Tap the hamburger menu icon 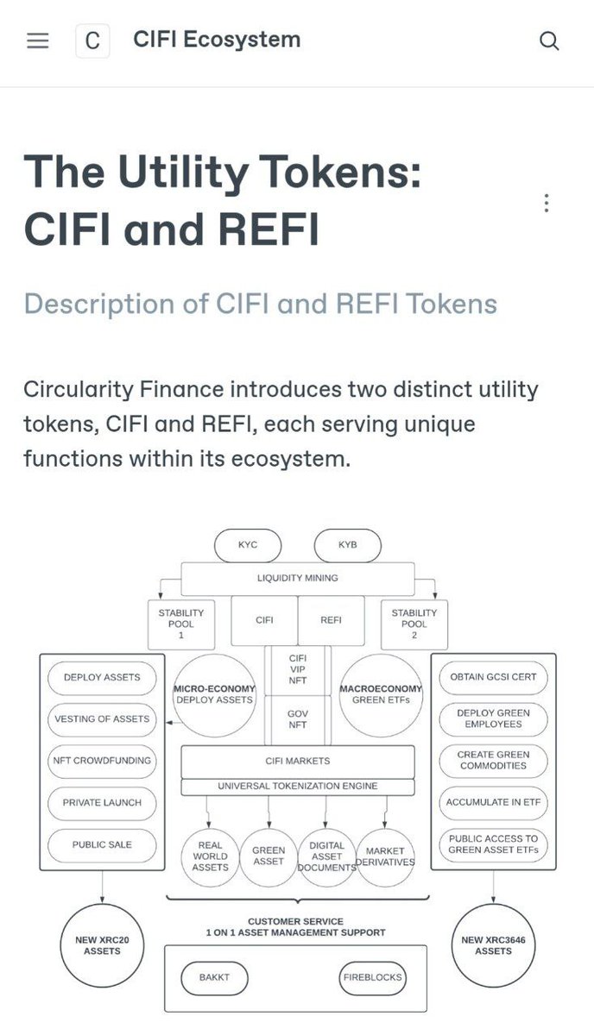tap(38, 41)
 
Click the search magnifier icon tap(549, 41)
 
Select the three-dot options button tap(547, 204)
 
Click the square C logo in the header tap(93, 41)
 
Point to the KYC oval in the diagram tap(248, 545)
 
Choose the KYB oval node tap(347, 545)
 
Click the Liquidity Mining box tap(298, 577)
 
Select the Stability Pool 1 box tap(181, 624)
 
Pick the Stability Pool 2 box tap(414, 624)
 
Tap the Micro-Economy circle tap(214, 694)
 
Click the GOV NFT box tap(297, 720)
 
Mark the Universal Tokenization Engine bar tap(297, 787)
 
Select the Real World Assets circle tap(210, 856)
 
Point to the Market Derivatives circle tap(385, 856)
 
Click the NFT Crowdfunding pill tap(102, 761)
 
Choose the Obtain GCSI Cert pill tap(494, 677)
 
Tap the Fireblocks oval tap(371, 978)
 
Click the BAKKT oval tap(214, 978)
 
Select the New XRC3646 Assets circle tap(493, 945)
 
